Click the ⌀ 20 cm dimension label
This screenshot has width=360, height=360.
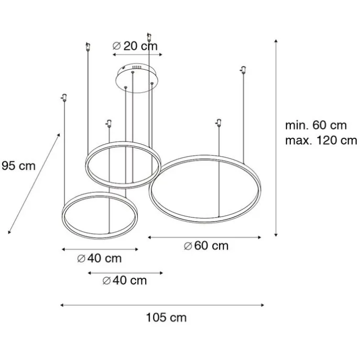tap(135, 46)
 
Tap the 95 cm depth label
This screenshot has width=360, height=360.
tap(18, 166)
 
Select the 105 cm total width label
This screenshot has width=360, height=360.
tap(166, 318)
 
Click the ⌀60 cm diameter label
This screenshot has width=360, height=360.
tap(206, 246)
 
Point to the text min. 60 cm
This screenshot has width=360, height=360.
tap(316, 125)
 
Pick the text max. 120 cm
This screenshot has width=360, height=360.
tap(321, 140)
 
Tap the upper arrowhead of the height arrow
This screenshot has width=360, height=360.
tap(276, 41)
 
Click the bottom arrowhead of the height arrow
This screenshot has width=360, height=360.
tap(276, 235)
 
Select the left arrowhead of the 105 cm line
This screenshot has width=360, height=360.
tap(62, 305)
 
